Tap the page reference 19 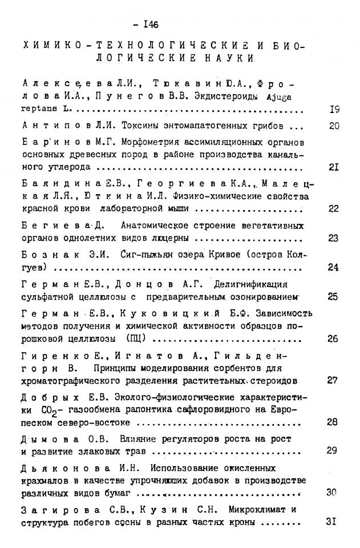coord(335,111)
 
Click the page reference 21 coord(334,168)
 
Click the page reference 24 coord(334,267)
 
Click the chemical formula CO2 coord(51,410)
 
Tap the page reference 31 coord(334,522)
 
